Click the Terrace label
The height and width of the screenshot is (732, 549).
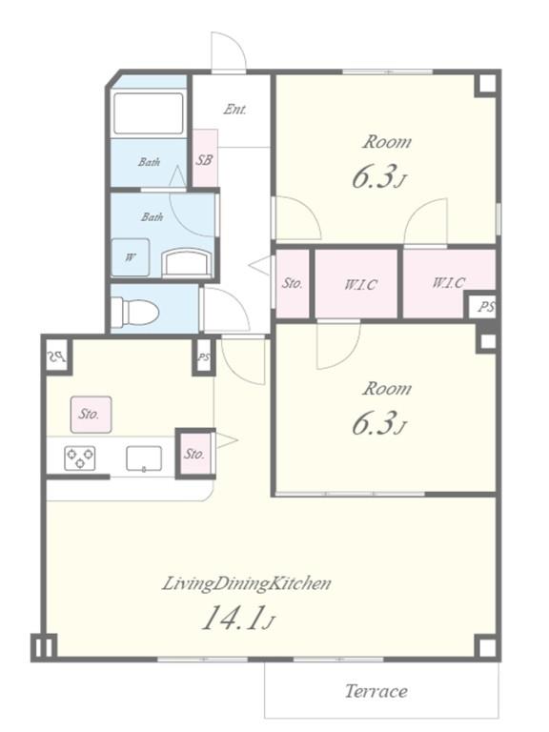coord(376,691)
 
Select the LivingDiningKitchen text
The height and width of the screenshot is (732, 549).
coord(247,583)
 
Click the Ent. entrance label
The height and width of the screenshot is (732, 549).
coord(234,110)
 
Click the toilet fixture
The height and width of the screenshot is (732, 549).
coord(135,311)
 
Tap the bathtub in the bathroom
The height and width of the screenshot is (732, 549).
coord(149,113)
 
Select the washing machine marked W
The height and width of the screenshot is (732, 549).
coord(131,257)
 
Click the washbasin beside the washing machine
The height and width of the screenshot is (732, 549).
coord(187,263)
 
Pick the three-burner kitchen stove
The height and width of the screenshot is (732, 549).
coord(80,457)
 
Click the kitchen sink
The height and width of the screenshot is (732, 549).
coord(144,458)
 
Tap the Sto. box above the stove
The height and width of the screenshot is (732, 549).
coord(91,415)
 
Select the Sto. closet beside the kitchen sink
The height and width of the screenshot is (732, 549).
coord(195,454)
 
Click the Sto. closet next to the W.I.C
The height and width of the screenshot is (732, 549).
coord(293,284)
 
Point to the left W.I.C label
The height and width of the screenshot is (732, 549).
coord(360,284)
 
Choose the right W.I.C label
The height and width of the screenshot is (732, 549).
coord(449,282)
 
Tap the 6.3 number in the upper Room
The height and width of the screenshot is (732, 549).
coord(373,177)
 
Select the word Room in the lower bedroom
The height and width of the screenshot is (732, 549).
coord(387,389)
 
